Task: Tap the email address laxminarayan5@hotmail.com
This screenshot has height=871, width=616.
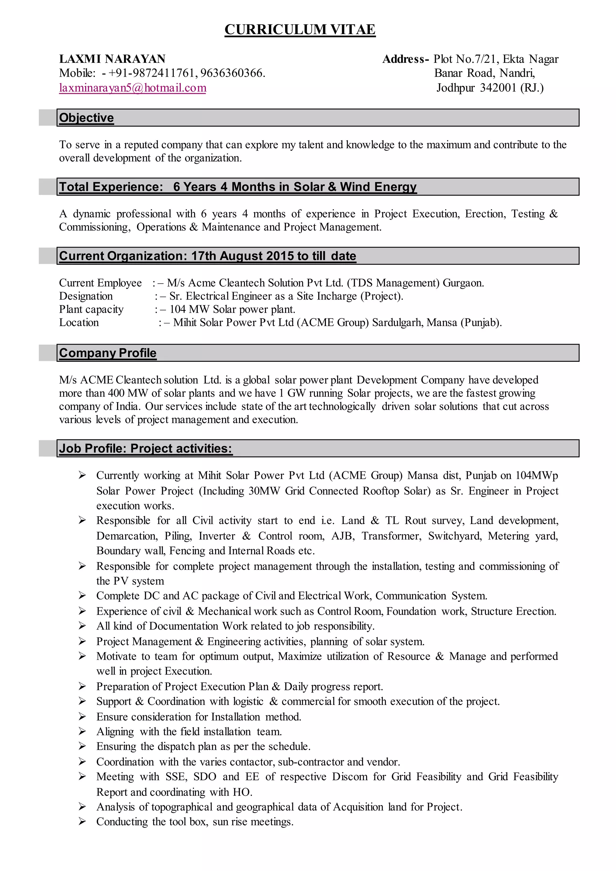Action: [132, 88]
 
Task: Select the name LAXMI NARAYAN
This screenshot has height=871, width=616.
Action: [112, 59]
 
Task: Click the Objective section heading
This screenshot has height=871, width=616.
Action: [87, 118]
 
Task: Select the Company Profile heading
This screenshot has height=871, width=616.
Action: [108, 353]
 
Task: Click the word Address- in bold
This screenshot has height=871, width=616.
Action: [405, 59]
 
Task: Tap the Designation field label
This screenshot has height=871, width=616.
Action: [86, 296]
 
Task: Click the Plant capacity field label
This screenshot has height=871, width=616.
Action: [91, 309]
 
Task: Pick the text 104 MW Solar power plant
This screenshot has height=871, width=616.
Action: [232, 309]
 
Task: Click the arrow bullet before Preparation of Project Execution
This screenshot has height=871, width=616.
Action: [82, 686]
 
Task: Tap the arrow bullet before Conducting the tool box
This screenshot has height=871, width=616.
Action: [82, 822]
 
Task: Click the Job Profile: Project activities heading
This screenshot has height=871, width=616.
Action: [145, 449]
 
